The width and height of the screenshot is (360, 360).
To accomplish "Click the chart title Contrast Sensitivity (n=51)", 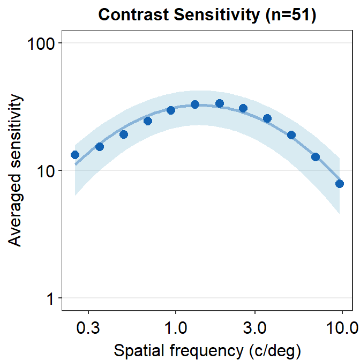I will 207,15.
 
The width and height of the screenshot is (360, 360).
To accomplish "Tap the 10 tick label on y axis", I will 46,170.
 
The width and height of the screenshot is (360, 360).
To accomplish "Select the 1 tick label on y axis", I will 51,298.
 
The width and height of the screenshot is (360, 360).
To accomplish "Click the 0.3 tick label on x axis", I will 88,328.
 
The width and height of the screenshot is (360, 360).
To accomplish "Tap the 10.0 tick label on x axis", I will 342,328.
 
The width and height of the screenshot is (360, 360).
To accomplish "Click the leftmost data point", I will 75,155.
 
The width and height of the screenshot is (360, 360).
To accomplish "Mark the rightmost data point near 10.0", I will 340,184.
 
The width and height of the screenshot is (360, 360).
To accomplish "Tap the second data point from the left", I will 99,147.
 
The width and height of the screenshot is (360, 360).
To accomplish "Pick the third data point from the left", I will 124,134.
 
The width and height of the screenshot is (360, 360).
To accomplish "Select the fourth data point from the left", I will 148,121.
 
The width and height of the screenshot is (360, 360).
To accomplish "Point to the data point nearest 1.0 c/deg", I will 171,110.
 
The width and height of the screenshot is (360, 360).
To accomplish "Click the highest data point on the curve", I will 220,103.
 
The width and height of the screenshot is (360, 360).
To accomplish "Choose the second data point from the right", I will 316,157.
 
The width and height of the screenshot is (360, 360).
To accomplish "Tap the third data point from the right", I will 291,135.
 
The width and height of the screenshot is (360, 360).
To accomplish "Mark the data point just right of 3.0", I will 267,118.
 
